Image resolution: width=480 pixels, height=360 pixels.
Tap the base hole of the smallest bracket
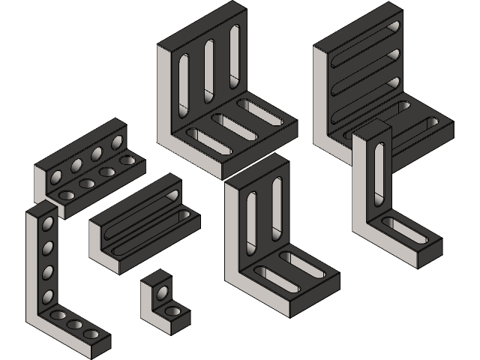(172, 310)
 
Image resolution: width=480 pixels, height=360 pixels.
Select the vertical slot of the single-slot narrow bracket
(379, 164)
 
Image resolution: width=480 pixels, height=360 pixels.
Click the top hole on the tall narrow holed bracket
(47, 223)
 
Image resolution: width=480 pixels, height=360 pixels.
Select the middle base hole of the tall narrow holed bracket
(75, 325)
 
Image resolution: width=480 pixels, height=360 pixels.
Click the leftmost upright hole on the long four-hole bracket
(57, 177)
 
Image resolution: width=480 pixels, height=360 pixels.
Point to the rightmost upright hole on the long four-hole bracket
(117, 142)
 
